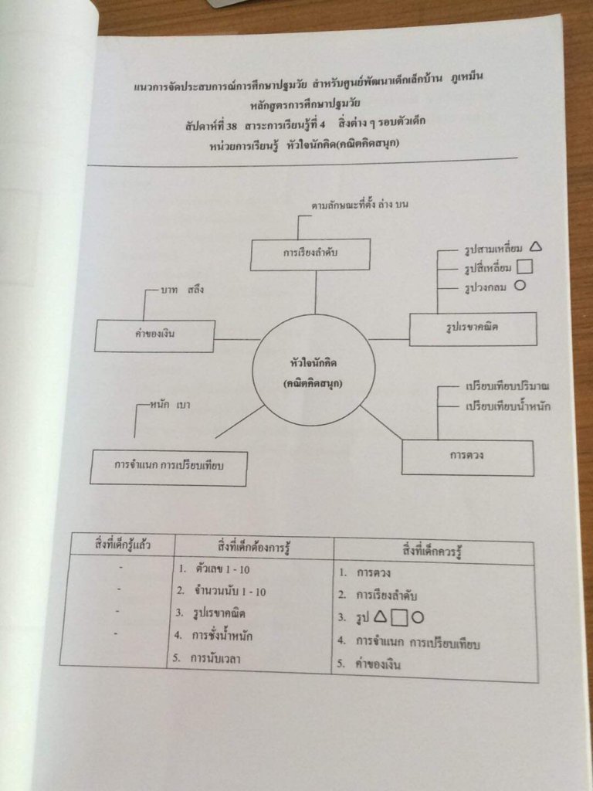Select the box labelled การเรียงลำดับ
coord(310,253)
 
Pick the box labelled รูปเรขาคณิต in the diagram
coord(472,328)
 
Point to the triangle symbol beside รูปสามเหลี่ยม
coord(537,248)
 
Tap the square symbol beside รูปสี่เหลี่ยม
coord(524,268)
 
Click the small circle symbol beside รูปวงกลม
coord(520,287)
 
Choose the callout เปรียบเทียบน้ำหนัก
coord(508,406)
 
